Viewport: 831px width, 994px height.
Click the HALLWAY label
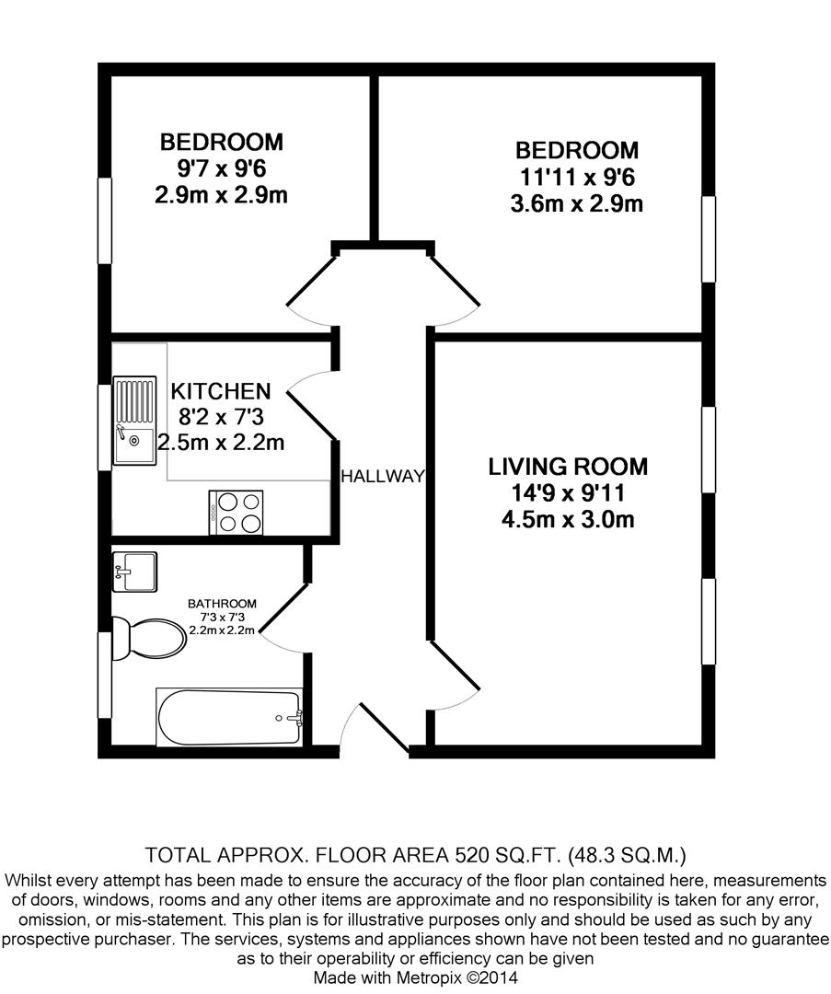(x=383, y=476)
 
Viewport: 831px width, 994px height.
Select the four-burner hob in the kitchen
(x=237, y=512)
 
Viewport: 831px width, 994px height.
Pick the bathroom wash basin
(x=134, y=572)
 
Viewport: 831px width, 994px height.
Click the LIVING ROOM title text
(x=568, y=467)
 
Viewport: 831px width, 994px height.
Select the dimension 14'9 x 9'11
(x=568, y=493)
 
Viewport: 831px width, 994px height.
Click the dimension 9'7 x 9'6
(x=221, y=169)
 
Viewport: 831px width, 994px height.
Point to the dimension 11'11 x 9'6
(x=576, y=177)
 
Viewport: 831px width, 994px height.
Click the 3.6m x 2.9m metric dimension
(x=576, y=203)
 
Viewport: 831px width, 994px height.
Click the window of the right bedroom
(x=709, y=239)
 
